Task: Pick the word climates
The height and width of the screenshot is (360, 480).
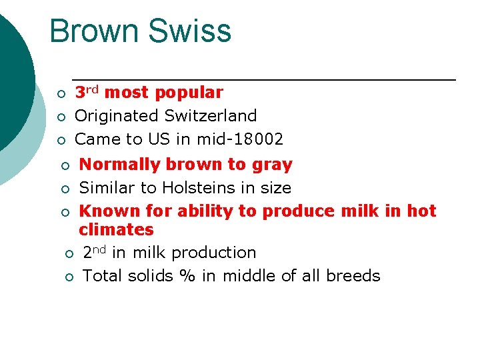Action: click(116, 230)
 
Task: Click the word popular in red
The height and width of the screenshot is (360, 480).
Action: click(189, 93)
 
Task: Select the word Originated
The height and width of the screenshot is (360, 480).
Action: click(109, 116)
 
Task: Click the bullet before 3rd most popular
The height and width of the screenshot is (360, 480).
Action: click(60, 93)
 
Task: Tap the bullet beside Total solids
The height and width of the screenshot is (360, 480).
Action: click(68, 277)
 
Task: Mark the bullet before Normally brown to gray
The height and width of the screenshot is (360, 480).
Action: click(65, 165)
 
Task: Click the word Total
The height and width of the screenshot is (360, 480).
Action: click(101, 276)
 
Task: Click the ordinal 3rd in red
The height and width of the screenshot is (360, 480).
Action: click(86, 92)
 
